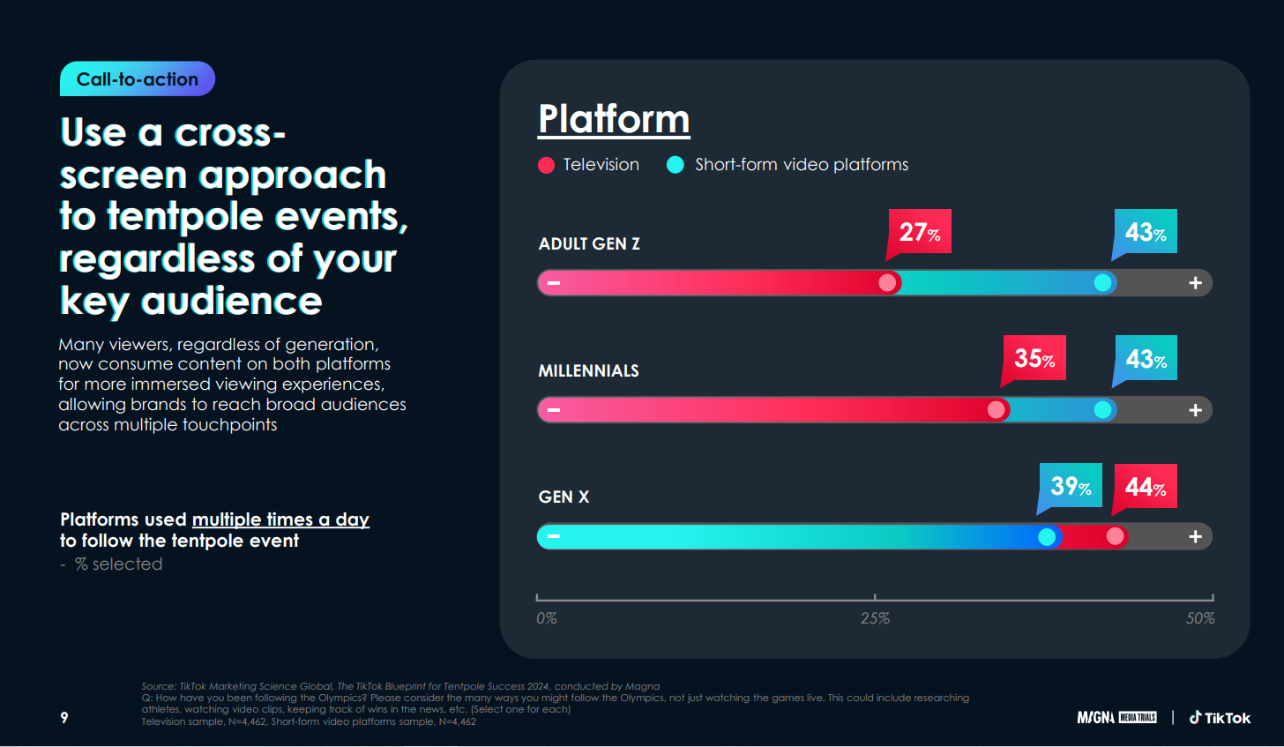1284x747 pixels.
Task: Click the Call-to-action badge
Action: coord(138,79)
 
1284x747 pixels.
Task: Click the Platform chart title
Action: coord(614,119)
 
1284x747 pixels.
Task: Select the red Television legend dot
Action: coord(546,165)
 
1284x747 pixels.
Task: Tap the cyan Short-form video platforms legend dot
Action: coord(676,165)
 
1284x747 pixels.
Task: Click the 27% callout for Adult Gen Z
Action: coord(920,232)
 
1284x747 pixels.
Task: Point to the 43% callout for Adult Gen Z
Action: coord(1146,232)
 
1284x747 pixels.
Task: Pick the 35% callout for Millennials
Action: coord(1034,358)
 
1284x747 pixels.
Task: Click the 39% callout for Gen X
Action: coord(1071,486)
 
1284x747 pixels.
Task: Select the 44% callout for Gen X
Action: coord(1146,486)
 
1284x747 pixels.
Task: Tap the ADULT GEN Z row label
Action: coord(589,244)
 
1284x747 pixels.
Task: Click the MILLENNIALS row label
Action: coord(588,370)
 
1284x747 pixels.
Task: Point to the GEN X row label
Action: coord(564,497)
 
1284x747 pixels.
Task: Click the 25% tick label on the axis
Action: coord(875,618)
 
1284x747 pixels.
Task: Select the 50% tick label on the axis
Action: coord(1200,618)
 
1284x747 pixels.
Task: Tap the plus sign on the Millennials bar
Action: coord(1196,410)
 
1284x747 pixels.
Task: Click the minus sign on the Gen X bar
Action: coord(554,536)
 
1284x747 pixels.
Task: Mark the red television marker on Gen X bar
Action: coord(1116,536)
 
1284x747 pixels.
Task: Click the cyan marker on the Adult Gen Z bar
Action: coord(1102,283)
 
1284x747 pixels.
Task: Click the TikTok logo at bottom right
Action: coord(1220,718)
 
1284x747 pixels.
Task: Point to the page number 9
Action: coord(64,718)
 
